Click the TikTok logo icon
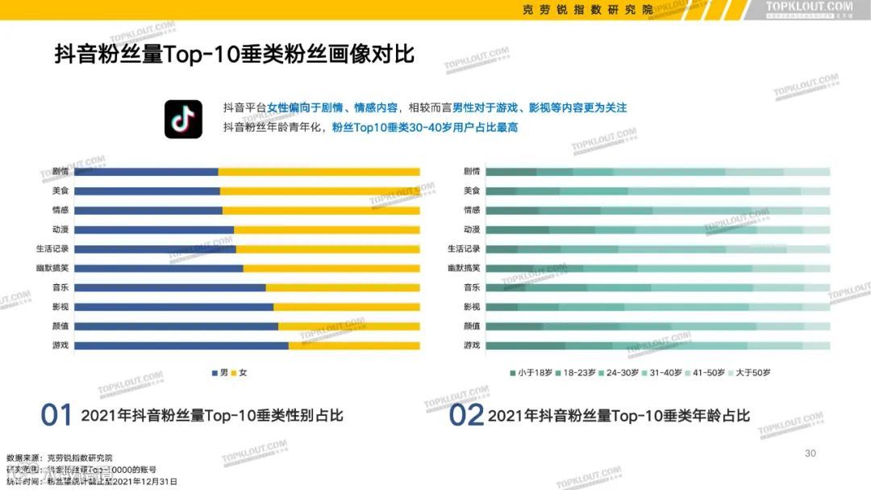click(x=183, y=119)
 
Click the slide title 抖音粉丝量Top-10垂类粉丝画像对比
click(x=234, y=55)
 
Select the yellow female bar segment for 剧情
click(x=319, y=171)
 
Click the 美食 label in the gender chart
click(x=60, y=191)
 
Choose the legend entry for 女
click(x=240, y=372)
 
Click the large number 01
click(x=57, y=416)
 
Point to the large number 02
click(x=466, y=416)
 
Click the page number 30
click(x=811, y=453)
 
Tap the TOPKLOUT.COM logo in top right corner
click(x=808, y=9)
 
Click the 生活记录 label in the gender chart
click(x=56, y=249)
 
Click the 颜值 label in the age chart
click(x=472, y=326)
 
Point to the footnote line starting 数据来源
click(x=60, y=458)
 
